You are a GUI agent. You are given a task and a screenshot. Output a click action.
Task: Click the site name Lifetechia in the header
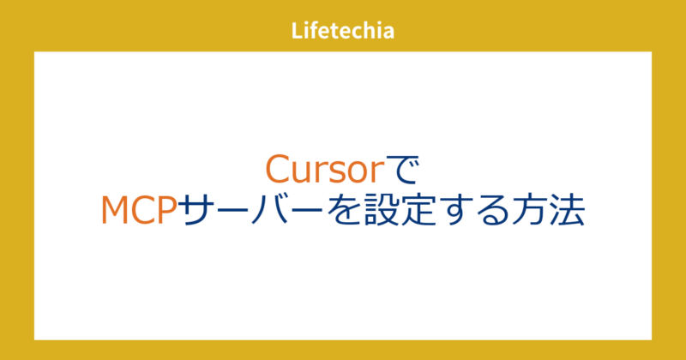tap(342, 32)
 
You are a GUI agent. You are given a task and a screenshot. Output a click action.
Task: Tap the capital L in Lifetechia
tap(297, 32)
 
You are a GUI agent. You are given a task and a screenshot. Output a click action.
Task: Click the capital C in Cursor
tap(277, 169)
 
